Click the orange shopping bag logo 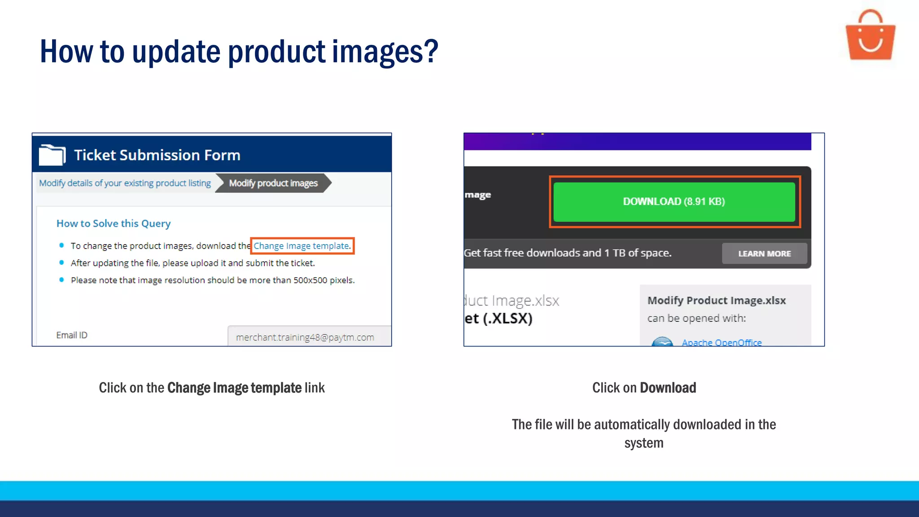coord(870,36)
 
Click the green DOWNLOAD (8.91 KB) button coord(674,202)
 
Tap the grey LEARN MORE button coord(764,254)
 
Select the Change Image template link coord(301,246)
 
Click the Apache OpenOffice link coord(722,342)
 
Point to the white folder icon coord(52,155)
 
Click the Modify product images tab coord(273,183)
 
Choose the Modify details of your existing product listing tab coord(125,183)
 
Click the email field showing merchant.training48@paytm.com coord(309,337)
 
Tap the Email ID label coord(72,335)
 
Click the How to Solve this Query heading coord(114,223)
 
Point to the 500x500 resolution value coord(310,280)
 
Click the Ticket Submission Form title coord(157,155)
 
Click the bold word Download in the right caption coord(668,388)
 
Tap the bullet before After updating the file coord(61,263)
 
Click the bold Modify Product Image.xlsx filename coord(716,300)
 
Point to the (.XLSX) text coord(508,318)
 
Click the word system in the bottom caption coord(643,443)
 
